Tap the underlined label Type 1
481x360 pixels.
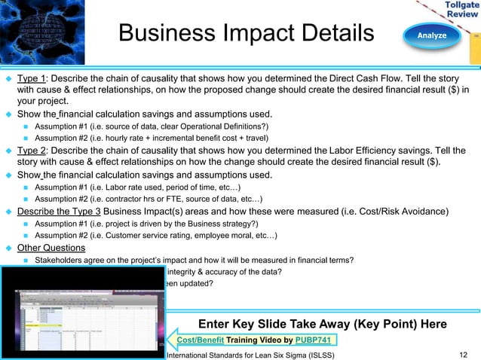32,78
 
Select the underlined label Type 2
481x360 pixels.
32,151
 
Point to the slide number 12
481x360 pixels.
463,354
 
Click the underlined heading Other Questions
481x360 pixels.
51,249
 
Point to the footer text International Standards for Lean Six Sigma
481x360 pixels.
251,354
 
